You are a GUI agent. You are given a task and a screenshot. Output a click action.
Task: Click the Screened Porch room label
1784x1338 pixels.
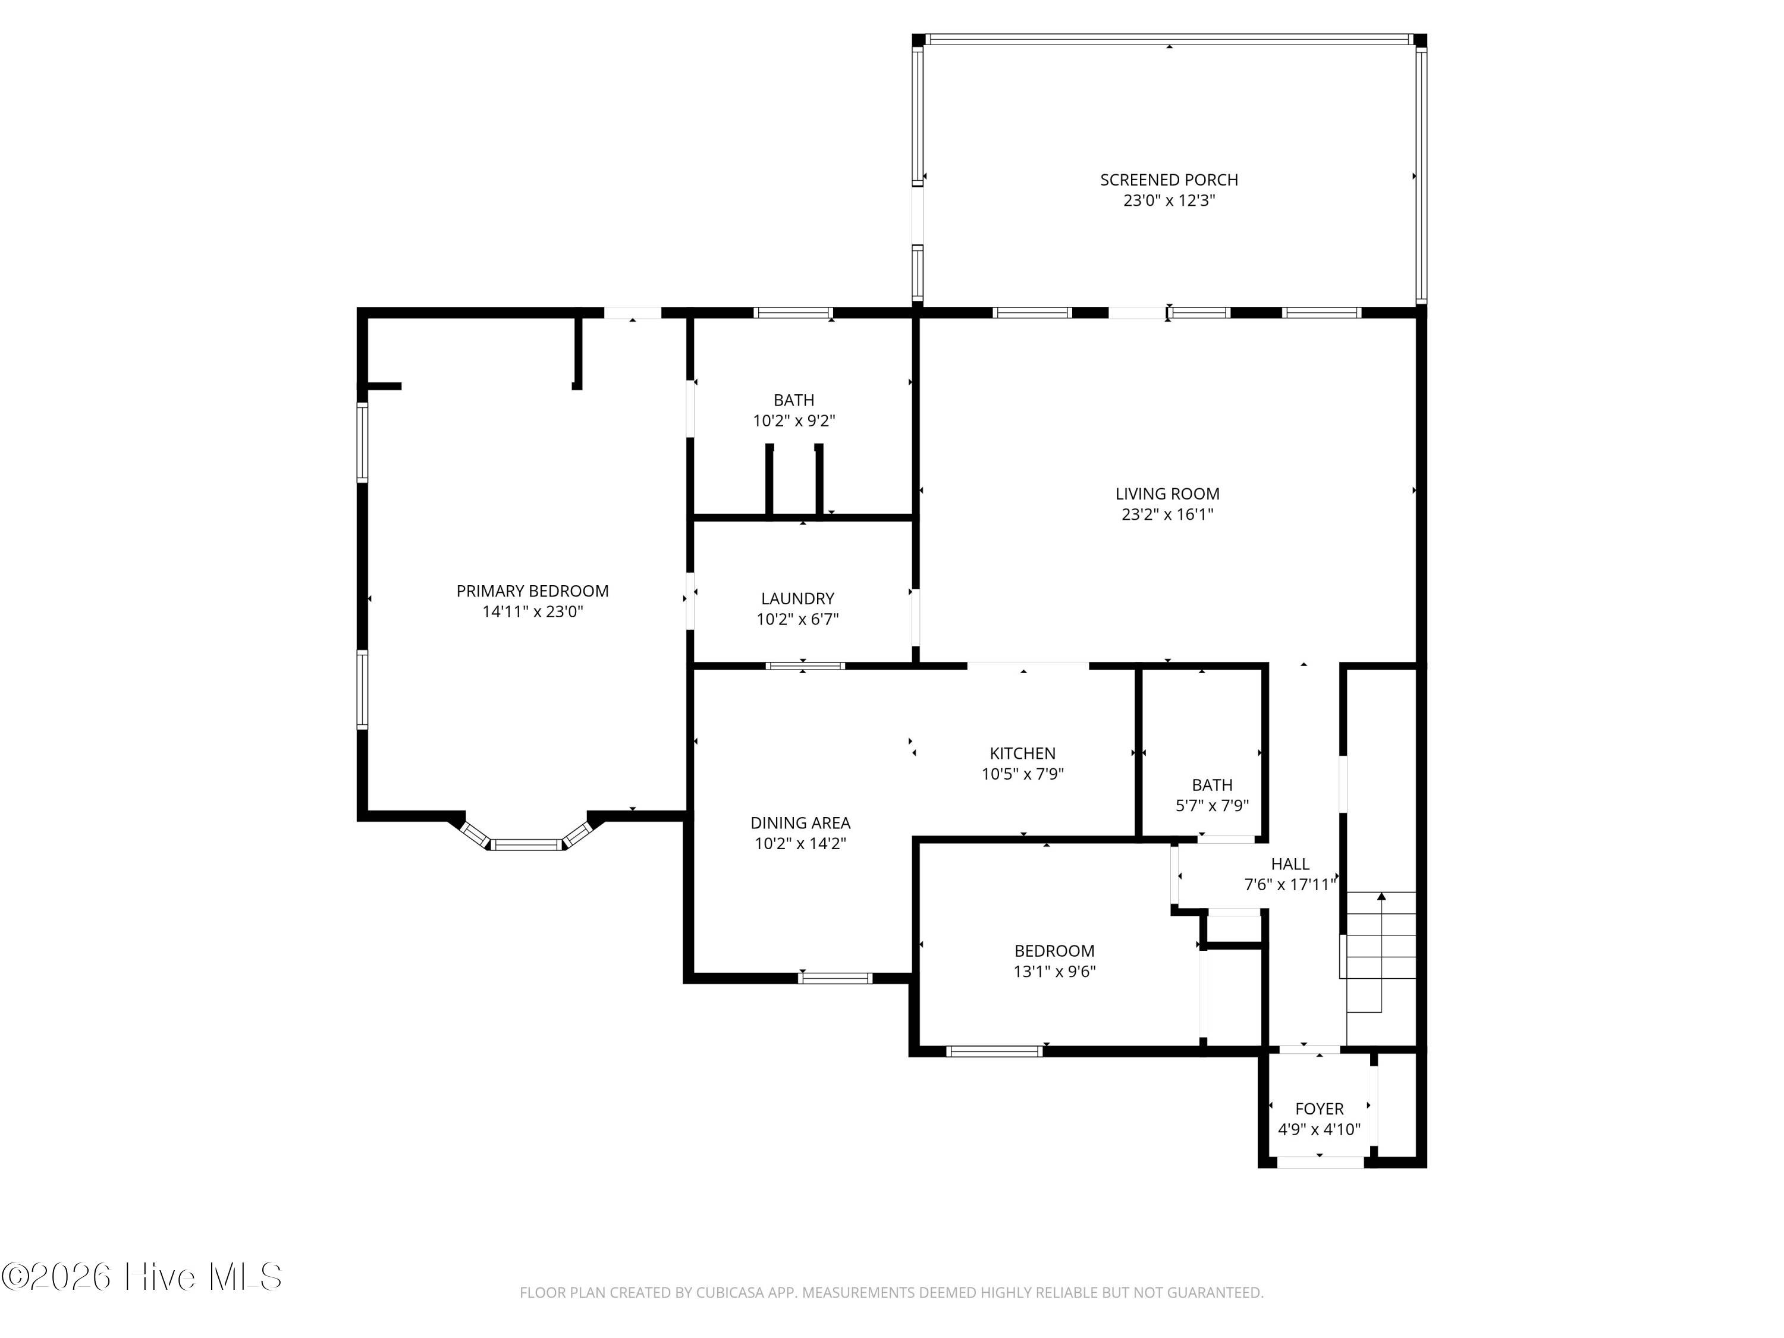tap(1169, 180)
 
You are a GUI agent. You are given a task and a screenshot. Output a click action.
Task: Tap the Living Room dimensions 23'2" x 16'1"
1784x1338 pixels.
tap(1167, 514)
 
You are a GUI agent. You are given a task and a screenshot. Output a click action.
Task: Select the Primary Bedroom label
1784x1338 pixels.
tap(532, 591)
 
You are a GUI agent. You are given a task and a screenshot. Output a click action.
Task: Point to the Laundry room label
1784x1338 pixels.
tap(797, 598)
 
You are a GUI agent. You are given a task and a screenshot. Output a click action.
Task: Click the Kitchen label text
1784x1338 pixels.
tap(1023, 753)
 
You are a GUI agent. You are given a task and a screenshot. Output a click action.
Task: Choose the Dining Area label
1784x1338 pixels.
tap(800, 822)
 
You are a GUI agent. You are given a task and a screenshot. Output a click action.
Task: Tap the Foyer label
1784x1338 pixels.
tap(1320, 1109)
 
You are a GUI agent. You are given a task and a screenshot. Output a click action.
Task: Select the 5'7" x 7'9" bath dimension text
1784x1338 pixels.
tap(1212, 805)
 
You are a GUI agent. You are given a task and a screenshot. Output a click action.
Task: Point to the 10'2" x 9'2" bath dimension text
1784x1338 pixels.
tap(794, 421)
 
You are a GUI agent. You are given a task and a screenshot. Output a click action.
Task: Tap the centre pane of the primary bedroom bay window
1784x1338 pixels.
tap(526, 844)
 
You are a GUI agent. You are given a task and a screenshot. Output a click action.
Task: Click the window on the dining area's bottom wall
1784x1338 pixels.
tap(835, 978)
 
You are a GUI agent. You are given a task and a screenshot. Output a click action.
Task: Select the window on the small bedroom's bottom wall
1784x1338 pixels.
tap(994, 1051)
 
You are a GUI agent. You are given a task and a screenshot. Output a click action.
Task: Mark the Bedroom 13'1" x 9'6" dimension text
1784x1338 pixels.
tap(1054, 972)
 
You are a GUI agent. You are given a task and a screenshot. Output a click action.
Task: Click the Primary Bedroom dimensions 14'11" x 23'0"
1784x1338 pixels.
tap(532, 612)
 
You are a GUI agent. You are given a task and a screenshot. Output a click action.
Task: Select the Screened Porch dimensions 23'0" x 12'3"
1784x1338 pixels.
tap(1169, 201)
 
